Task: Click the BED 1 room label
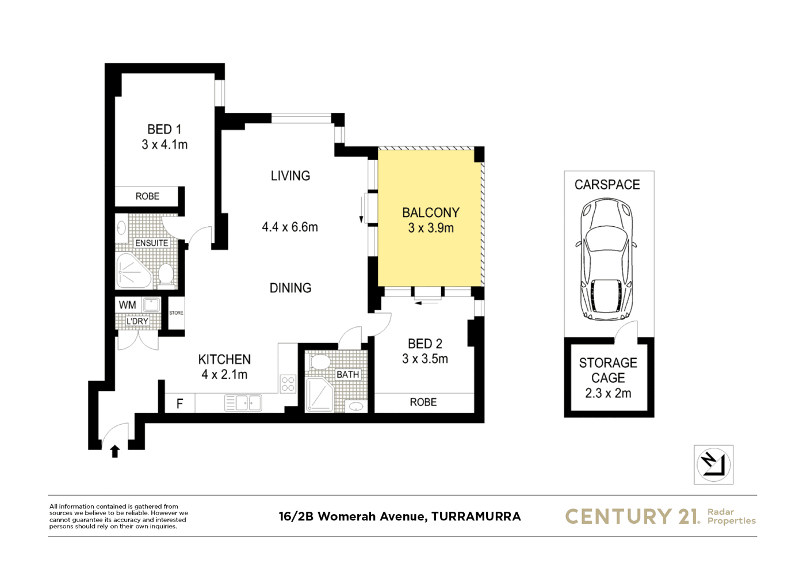[164, 129]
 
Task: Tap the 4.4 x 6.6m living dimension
[290, 227]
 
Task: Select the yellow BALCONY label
[431, 212]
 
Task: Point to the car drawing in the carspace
[606, 259]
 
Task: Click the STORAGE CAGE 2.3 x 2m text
[608, 378]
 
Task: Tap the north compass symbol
[713, 465]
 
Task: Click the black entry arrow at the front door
[115, 451]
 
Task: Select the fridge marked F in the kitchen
[180, 403]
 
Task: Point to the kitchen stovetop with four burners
[288, 383]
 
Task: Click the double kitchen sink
[243, 403]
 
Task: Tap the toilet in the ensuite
[166, 276]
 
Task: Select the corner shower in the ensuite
[133, 271]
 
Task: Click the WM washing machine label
[128, 305]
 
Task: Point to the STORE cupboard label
[176, 313]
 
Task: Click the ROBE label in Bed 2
[423, 402]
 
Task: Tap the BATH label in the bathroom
[347, 375]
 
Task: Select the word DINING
[290, 288]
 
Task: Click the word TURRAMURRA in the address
[476, 516]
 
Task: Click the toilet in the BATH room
[320, 361]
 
